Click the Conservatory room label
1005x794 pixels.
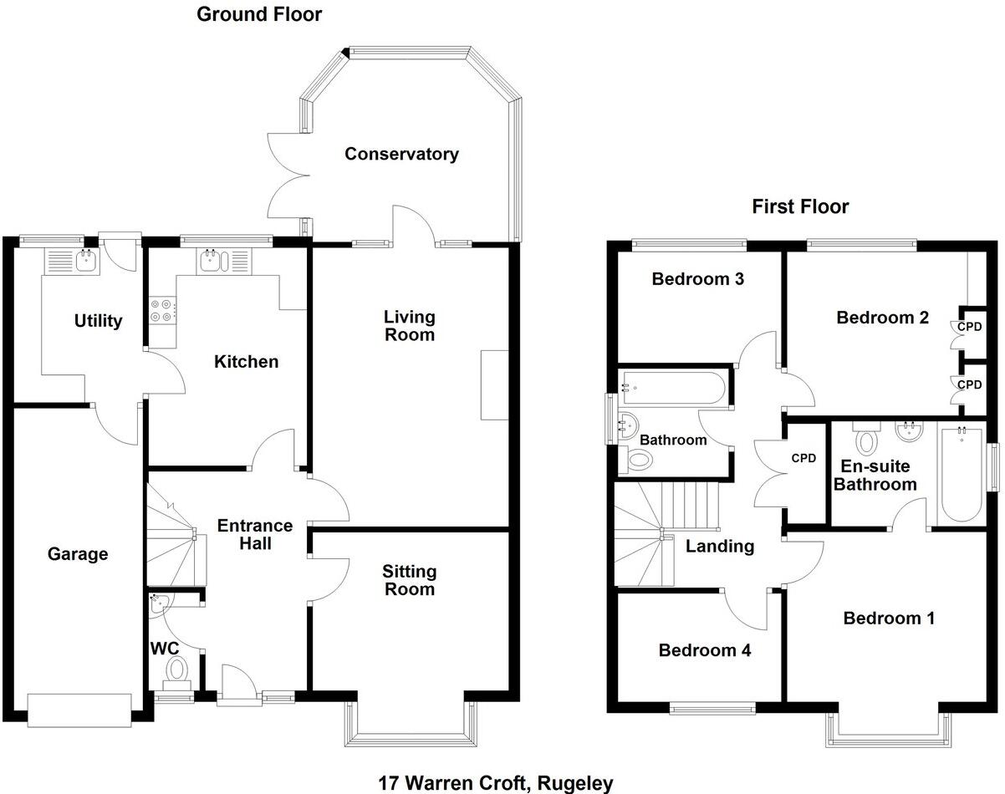401,154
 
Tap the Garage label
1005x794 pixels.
78,553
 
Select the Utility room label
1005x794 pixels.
99,321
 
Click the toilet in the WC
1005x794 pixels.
176,669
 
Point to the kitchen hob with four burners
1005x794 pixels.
162,311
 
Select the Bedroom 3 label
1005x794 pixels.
698,279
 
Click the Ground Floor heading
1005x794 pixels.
259,14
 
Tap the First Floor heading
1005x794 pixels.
800,206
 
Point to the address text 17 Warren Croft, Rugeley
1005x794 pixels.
496,783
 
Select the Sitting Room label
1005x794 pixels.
410,580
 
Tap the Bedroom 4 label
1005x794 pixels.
705,650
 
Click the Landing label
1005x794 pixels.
720,547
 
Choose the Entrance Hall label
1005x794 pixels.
255,534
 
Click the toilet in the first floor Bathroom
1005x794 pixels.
640,458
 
